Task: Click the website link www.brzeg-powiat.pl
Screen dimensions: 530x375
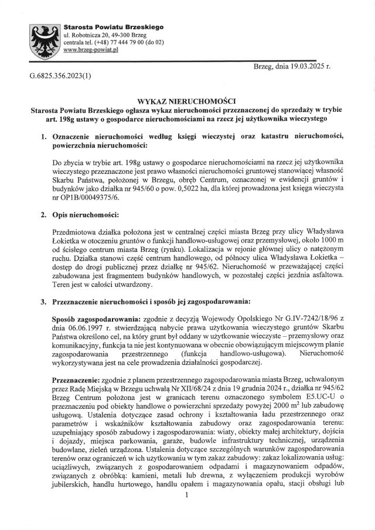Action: coord(91,51)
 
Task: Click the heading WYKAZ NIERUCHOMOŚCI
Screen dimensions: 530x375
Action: coord(186,101)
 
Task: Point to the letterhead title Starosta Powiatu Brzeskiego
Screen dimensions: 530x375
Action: coord(114,27)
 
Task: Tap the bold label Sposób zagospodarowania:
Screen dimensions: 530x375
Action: coord(98,317)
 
